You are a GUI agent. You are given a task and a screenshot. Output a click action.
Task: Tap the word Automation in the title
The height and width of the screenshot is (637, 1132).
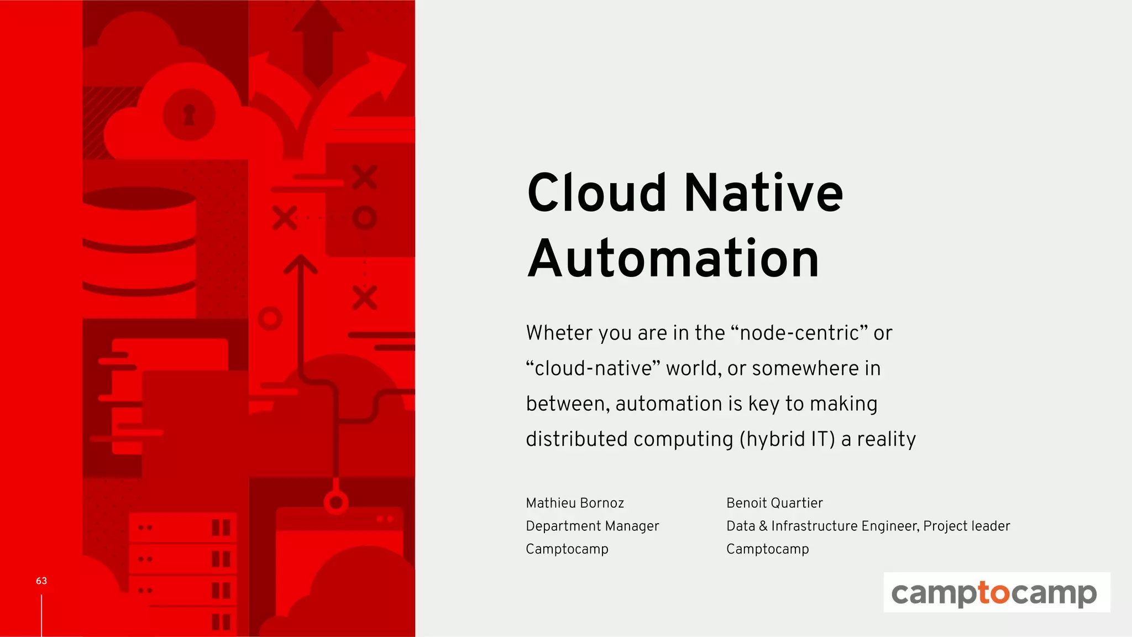(x=673, y=258)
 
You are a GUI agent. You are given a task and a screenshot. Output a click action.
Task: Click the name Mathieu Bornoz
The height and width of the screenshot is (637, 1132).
(x=575, y=503)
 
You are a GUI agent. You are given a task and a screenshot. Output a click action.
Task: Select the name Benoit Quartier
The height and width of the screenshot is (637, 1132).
(x=774, y=503)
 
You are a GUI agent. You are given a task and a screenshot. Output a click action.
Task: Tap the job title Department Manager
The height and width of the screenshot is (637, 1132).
(x=592, y=526)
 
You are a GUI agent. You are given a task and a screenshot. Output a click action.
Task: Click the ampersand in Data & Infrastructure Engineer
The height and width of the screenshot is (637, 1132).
(x=763, y=526)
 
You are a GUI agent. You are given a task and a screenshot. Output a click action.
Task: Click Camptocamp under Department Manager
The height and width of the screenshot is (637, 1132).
(x=567, y=549)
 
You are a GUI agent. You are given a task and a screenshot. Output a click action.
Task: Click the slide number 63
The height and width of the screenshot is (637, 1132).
(x=41, y=581)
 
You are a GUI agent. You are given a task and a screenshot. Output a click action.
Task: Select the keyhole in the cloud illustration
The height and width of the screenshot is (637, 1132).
(x=189, y=114)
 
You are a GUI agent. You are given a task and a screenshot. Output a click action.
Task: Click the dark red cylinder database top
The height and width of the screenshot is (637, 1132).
(x=139, y=199)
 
